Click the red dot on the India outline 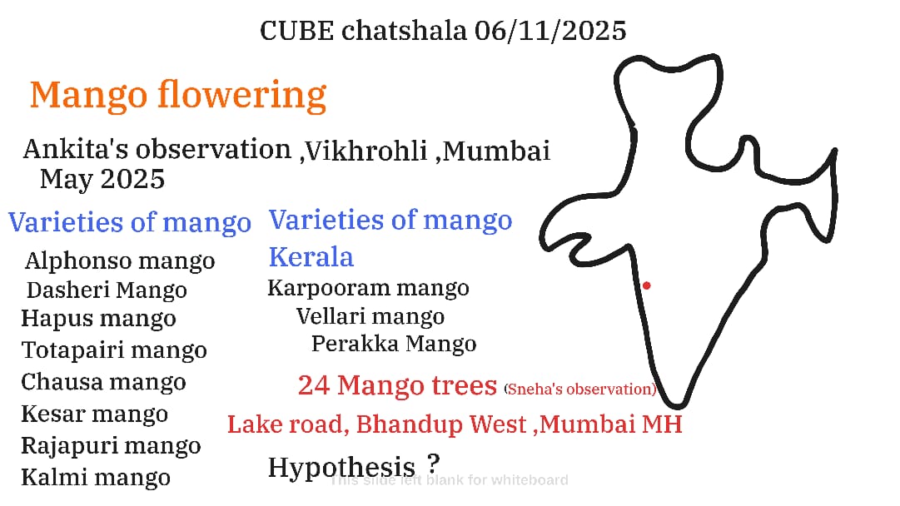tap(646, 285)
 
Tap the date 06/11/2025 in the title tap(549, 31)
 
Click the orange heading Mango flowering tap(178, 95)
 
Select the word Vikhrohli tap(366, 151)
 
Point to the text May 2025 tap(102, 179)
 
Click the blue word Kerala tap(311, 256)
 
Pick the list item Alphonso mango tap(120, 261)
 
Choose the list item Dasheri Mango tap(107, 290)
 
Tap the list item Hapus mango tap(98, 319)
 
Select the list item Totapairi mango tap(114, 350)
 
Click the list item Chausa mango tap(103, 381)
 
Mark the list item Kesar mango tap(95, 413)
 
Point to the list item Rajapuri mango tap(111, 446)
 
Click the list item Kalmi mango tap(96, 477)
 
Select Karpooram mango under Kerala tap(368, 288)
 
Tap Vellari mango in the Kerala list tap(370, 316)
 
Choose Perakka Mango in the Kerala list tap(394, 344)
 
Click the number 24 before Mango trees tap(313, 385)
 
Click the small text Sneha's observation tap(579, 389)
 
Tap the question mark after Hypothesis tap(434, 463)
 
